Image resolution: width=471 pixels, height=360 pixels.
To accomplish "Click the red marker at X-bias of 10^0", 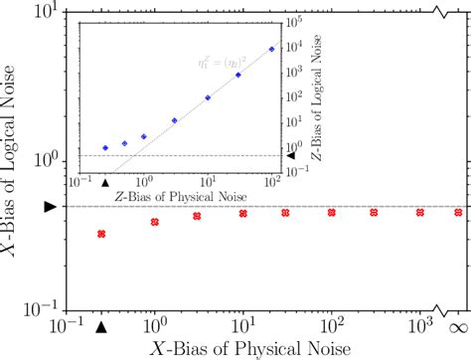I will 155,221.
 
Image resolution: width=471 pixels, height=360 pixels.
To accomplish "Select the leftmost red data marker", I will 101,234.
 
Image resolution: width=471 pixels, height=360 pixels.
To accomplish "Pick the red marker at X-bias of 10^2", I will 332,212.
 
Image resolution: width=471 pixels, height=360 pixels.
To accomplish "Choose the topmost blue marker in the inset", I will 272,48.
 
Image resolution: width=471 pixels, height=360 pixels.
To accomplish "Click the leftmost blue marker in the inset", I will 104,147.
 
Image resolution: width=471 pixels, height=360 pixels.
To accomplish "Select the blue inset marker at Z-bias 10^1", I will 208,97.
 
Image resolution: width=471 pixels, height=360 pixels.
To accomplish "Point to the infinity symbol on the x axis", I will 460,326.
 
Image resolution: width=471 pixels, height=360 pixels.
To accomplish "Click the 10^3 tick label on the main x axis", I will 418,325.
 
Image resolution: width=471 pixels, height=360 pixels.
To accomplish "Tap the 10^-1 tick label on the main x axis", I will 67,326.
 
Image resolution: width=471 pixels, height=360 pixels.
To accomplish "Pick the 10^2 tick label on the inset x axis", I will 271,182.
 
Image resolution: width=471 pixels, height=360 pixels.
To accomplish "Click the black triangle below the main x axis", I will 101,324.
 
